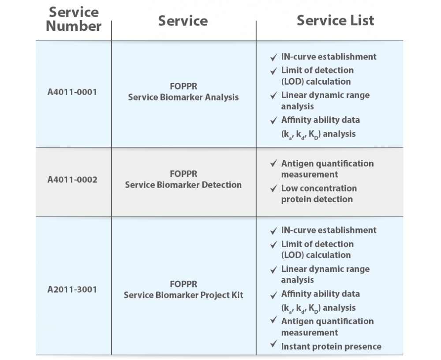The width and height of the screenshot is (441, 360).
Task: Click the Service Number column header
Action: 73,19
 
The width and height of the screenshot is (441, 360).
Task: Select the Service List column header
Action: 335,20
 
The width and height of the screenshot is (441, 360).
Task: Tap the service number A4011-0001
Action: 72,92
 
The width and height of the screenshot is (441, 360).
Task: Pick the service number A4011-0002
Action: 72,180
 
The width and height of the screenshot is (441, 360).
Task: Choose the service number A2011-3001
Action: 72,289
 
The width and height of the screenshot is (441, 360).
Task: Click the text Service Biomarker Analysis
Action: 183,97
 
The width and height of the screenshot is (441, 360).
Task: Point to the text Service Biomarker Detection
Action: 183,185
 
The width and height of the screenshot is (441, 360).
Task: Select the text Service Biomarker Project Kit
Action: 183,295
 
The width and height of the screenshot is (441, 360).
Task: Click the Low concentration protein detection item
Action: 319,193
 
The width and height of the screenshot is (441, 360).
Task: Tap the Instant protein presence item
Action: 331,346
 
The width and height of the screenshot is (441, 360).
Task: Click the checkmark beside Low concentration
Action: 273,188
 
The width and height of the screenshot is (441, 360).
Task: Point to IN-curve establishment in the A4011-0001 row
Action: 329,57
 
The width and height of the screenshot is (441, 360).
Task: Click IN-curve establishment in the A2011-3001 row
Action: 329,230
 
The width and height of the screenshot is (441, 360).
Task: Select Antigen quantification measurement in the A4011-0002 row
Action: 327,169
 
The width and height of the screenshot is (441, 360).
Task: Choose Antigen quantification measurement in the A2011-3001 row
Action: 327,327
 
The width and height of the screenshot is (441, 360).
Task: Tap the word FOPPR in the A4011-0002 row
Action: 183,174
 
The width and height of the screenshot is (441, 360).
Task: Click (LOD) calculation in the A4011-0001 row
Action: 316,82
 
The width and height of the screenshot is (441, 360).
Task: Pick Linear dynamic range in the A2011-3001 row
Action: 325,269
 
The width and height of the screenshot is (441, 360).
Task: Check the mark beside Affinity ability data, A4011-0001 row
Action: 273,121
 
